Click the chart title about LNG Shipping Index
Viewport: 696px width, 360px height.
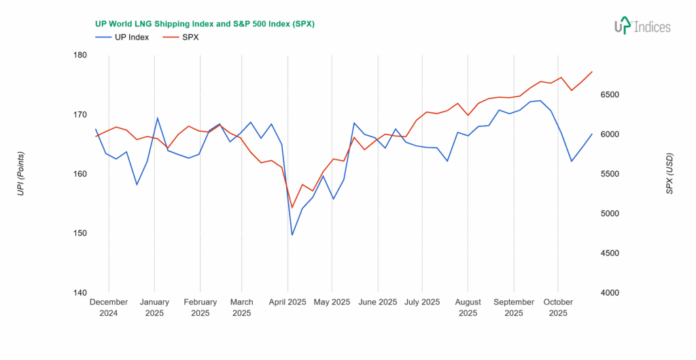pyautogui.click(x=204, y=24)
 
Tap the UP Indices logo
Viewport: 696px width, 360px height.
pyautogui.click(x=642, y=26)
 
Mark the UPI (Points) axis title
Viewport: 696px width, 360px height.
pyautogui.click(x=20, y=174)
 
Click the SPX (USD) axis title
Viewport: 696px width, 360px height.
pyautogui.click(x=669, y=174)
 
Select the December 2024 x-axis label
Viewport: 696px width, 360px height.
pyautogui.click(x=109, y=308)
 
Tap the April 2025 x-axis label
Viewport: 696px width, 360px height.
pyautogui.click(x=288, y=302)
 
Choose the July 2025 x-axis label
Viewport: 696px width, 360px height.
pyautogui.click(x=421, y=302)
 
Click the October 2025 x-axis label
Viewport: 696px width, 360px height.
pyautogui.click(x=558, y=308)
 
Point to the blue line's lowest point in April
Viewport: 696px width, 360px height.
pyautogui.click(x=292, y=235)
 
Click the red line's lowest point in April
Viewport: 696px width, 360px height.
pyautogui.click(x=292, y=207)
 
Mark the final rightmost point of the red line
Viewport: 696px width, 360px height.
pyautogui.click(x=592, y=71)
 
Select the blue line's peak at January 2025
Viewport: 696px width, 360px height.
pyautogui.click(x=158, y=118)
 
